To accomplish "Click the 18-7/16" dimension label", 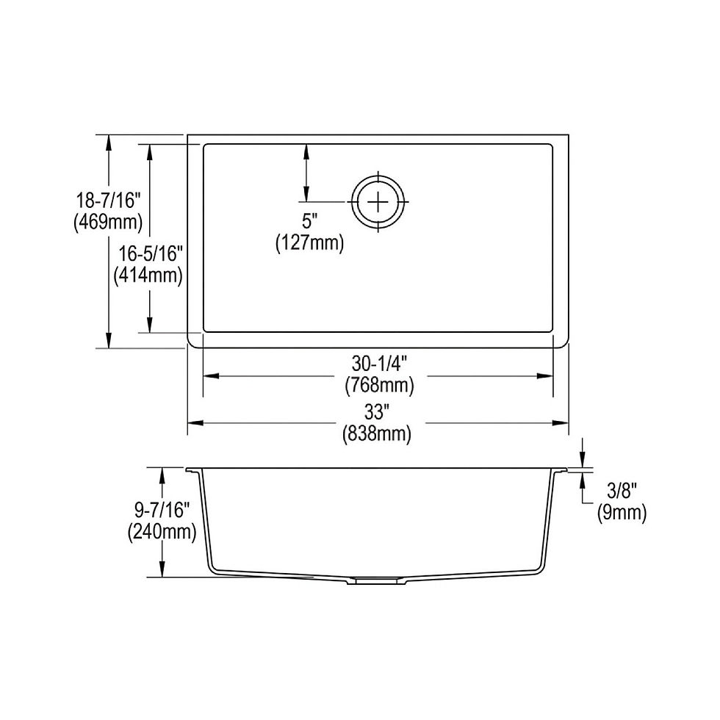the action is click(x=109, y=201).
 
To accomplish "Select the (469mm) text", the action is click(x=109, y=222).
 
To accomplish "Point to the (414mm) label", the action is click(x=148, y=275).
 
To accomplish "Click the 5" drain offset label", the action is click(x=309, y=221).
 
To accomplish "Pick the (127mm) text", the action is click(x=309, y=243).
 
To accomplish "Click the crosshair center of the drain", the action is click(x=378, y=201).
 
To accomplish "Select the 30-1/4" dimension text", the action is click(x=380, y=364).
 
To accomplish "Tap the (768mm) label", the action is click(x=380, y=385).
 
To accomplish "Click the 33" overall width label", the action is click(x=375, y=412).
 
